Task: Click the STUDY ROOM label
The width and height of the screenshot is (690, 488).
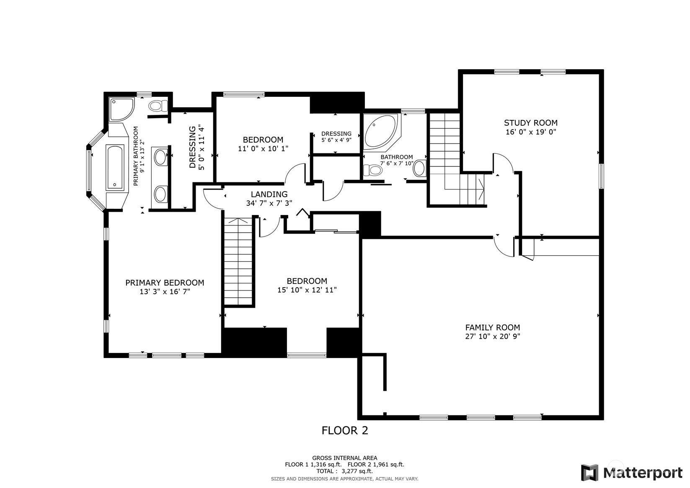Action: [530, 123]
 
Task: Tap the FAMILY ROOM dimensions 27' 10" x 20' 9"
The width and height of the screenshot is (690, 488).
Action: [493, 336]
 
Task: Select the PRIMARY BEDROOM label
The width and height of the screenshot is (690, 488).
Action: [165, 283]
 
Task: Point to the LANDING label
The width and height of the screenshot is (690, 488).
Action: [269, 194]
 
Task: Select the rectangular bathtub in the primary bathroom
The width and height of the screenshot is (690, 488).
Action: [115, 167]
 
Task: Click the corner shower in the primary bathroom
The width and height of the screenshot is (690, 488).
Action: [121, 109]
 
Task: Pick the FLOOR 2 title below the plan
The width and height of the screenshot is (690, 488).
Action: [345, 430]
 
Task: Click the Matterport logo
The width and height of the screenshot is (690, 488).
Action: [632, 473]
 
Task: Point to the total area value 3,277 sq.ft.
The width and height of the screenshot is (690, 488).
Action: [357, 471]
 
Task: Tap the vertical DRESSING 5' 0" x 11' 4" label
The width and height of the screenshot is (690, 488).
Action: [197, 147]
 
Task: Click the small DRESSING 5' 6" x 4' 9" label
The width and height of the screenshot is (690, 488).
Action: [336, 137]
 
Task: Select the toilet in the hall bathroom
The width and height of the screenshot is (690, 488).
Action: [373, 170]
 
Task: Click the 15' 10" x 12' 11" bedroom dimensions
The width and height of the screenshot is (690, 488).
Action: [307, 290]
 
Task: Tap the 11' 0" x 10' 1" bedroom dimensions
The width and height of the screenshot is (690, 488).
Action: [263, 148]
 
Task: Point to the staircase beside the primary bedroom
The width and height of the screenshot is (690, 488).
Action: [238, 262]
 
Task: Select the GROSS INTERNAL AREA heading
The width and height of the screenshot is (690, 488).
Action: [345, 458]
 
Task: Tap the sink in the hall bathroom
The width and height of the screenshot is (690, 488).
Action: [419, 168]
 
